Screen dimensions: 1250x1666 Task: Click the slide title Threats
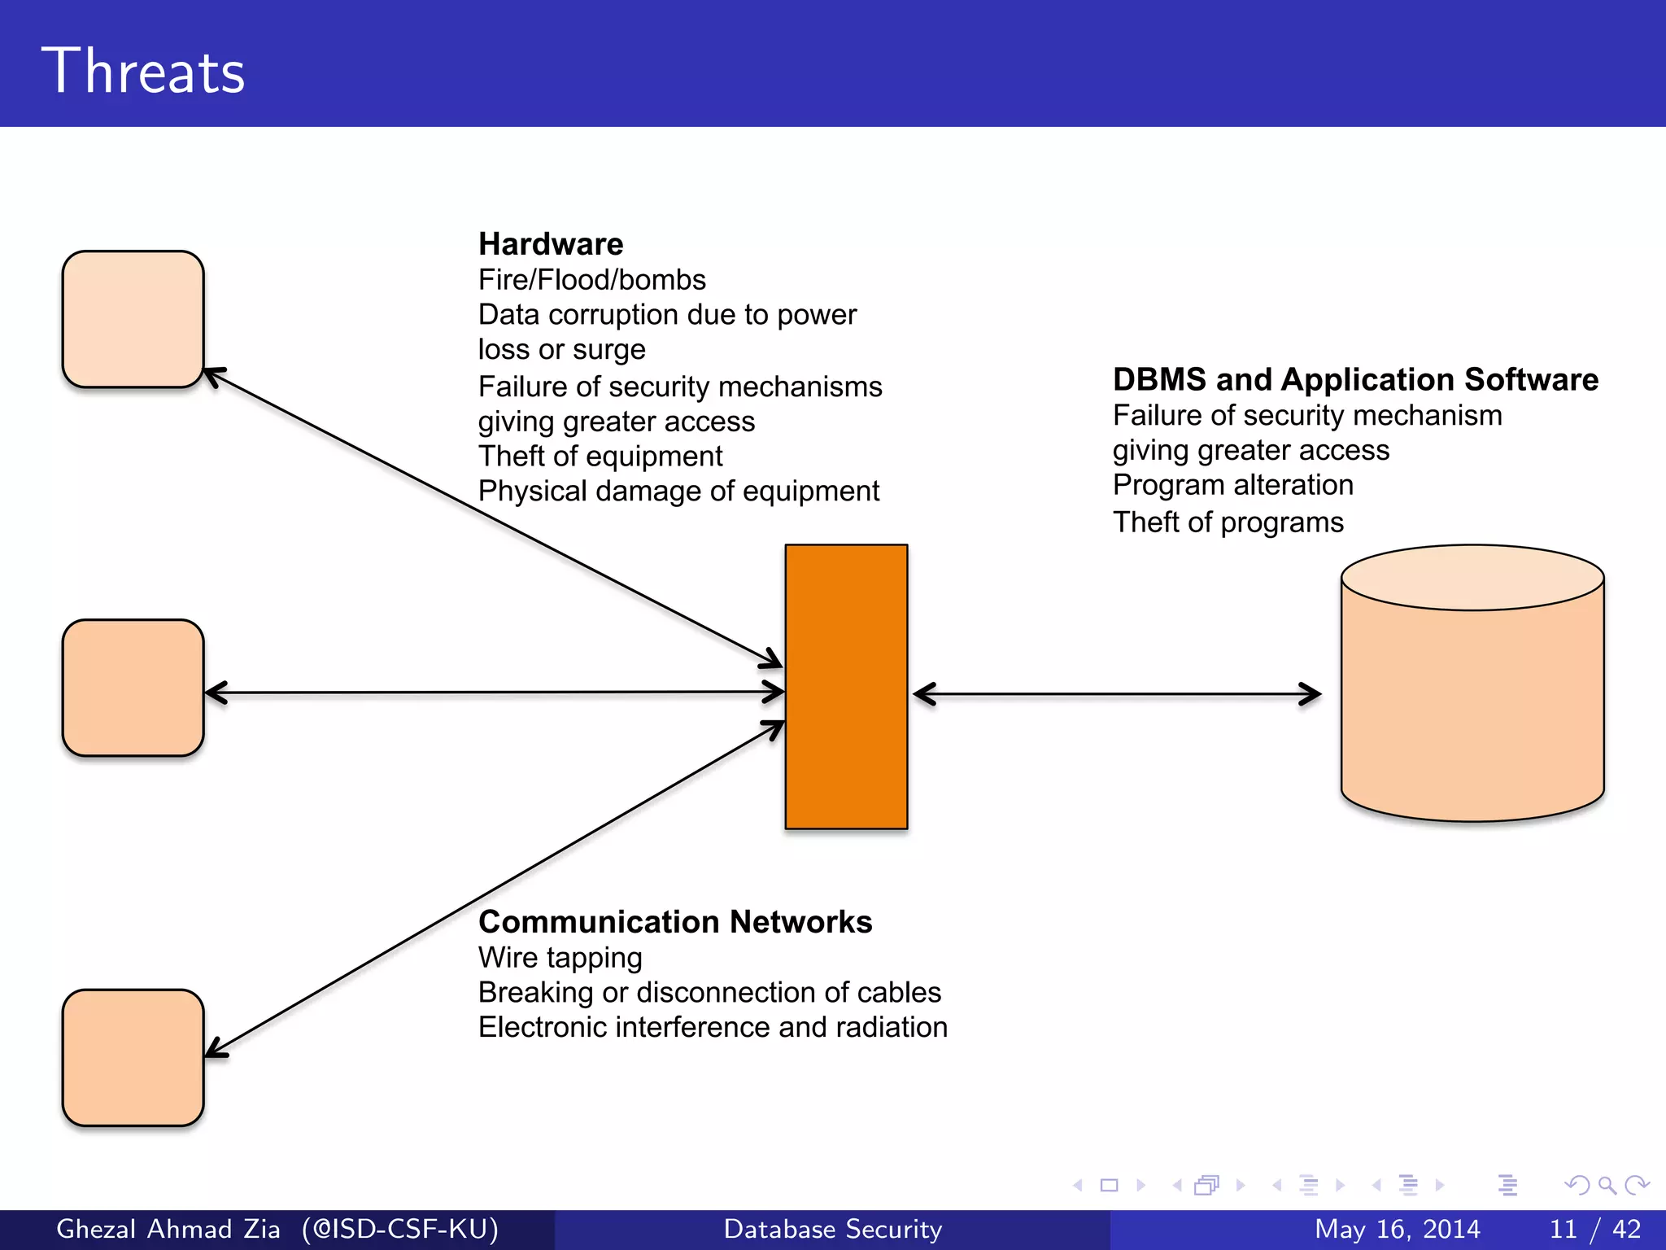click(143, 72)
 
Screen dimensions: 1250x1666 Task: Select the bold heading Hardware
click(551, 244)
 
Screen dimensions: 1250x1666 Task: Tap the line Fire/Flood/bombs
click(591, 280)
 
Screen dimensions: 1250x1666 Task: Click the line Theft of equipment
click(600, 457)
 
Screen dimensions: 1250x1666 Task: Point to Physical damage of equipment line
click(678, 492)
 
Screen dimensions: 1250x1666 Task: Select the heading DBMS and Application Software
click(1355, 380)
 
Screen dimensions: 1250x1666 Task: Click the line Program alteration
click(1232, 485)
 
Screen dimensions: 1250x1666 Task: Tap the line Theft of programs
click(1228, 522)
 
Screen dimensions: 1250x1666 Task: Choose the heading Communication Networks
click(675, 922)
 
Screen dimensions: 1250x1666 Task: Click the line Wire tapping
click(560, 958)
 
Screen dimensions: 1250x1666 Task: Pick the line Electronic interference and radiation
click(713, 1028)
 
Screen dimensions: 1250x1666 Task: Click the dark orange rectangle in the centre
click(846, 687)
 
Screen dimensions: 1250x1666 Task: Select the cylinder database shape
click(1472, 700)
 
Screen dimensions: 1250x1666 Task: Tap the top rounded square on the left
click(133, 319)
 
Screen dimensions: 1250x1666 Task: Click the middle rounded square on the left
click(133, 688)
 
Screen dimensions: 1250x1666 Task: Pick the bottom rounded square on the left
click(133, 1058)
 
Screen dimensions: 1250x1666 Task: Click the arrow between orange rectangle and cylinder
click(1116, 694)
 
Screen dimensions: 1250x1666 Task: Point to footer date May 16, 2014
click(1397, 1229)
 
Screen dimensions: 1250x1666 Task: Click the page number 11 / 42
click(1594, 1229)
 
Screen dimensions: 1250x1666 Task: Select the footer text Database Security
click(832, 1229)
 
